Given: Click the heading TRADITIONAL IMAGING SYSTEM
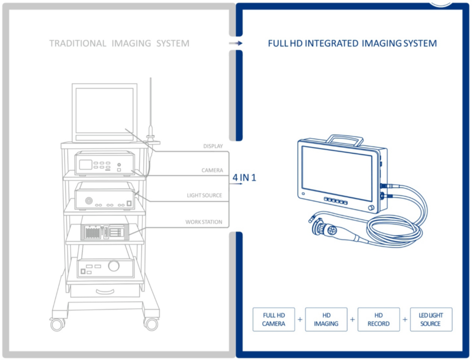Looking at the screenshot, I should [x=119, y=43].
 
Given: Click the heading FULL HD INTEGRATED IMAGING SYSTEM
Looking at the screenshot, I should [x=352, y=43].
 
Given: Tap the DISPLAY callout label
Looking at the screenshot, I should [x=213, y=146].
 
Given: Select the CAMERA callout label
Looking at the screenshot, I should [x=212, y=170].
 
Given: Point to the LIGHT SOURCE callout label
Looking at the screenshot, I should [x=204, y=195].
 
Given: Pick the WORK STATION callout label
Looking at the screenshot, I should [x=204, y=222].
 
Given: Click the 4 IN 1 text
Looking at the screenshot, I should [x=244, y=177].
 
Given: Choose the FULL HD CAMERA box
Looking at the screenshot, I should [x=274, y=319].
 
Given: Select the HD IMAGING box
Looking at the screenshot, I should [x=326, y=319].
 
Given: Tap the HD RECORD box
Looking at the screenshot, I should [x=379, y=319].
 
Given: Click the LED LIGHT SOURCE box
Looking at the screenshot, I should [x=431, y=319].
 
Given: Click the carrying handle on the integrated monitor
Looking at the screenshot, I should [x=345, y=139].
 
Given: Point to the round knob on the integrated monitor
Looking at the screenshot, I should [x=370, y=208].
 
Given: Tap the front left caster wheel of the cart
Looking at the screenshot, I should [x=57, y=324].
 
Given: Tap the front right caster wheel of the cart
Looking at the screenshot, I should [x=151, y=324].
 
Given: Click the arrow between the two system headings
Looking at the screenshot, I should [x=236, y=43].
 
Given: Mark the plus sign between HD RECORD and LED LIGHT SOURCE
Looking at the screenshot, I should [x=405, y=319].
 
